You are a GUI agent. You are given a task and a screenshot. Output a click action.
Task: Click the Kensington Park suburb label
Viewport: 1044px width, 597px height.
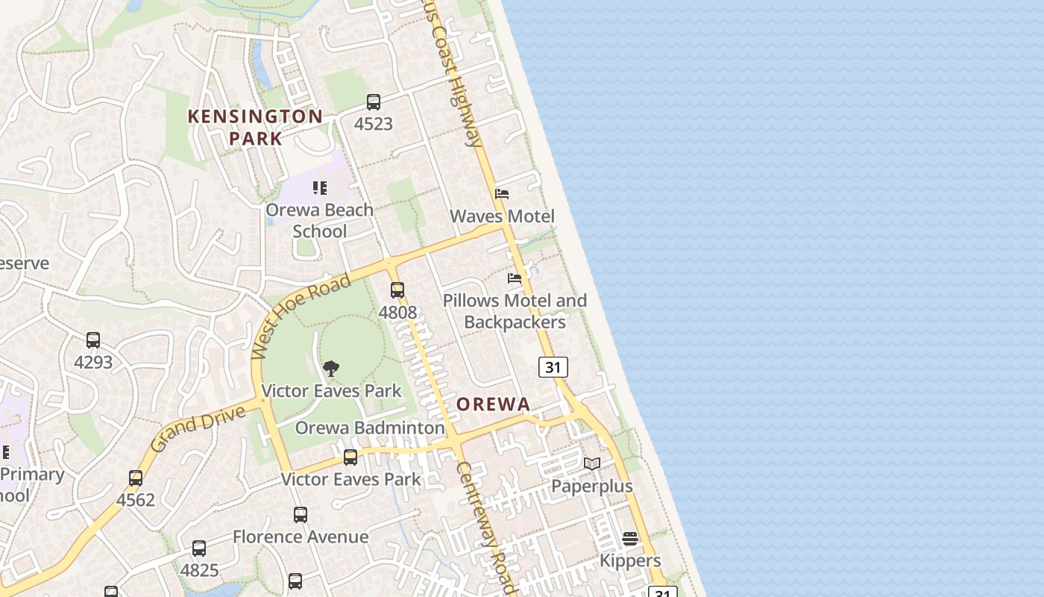pos(255,127)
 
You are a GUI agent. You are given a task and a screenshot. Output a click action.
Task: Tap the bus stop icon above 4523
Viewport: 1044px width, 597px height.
pos(373,102)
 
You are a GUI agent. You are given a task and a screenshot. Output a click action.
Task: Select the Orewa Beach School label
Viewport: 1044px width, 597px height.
pos(319,220)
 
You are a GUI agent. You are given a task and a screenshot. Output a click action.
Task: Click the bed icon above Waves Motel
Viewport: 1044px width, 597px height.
pos(502,194)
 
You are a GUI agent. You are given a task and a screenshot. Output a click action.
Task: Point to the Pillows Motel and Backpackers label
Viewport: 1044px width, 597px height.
pos(515,311)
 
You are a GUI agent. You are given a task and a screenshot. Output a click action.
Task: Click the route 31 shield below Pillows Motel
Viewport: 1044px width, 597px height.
pos(553,367)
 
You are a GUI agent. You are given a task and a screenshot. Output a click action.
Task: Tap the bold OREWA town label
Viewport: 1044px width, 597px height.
pos(493,404)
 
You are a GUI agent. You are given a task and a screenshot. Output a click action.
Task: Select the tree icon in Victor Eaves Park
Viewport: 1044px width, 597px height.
pos(331,369)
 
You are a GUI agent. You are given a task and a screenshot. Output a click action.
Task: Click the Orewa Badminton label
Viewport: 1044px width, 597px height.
pos(370,428)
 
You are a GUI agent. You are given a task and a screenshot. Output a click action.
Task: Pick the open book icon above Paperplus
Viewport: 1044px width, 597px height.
pos(592,464)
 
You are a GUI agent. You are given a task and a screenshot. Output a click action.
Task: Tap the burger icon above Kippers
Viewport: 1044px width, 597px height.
pos(630,539)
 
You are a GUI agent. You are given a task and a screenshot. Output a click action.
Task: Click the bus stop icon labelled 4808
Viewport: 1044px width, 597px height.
pos(397,290)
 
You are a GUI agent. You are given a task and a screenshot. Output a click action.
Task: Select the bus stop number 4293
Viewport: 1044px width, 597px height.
pos(93,363)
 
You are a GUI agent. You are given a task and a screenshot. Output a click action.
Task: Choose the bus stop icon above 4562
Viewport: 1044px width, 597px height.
pos(136,478)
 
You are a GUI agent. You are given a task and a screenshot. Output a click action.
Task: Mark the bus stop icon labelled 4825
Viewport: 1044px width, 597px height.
pos(199,548)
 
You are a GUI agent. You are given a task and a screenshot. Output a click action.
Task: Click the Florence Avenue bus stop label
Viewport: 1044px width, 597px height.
pos(301,537)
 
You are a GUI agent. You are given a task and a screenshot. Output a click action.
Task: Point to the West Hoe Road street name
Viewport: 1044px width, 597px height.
pos(301,316)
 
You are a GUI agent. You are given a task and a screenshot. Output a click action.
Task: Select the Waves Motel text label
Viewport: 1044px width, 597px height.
pos(502,216)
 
